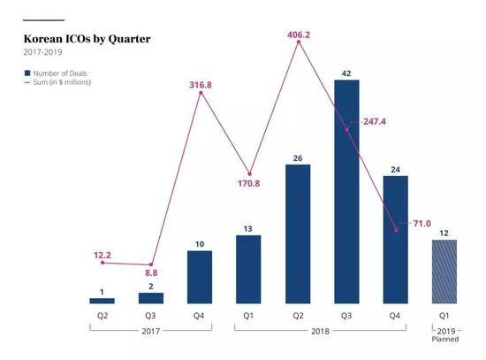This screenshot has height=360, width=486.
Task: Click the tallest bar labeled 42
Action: tap(347, 191)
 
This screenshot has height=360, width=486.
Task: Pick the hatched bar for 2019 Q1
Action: tap(444, 272)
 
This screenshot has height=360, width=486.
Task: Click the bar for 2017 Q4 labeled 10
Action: tap(201, 277)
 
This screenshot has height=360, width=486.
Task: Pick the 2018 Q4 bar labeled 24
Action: tap(396, 239)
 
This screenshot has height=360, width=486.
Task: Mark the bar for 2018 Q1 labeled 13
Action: tap(250, 269)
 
